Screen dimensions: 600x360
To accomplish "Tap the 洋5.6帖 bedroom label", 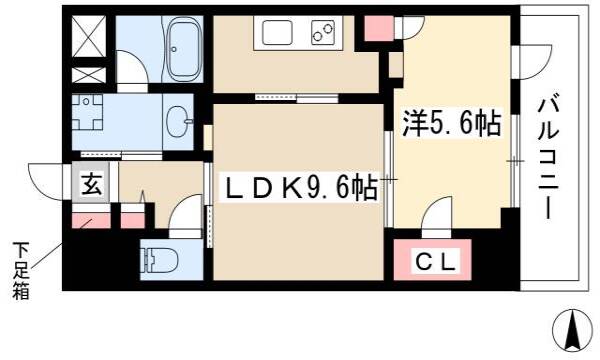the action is tap(451, 123).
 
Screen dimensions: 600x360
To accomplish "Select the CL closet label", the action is tap(435, 262).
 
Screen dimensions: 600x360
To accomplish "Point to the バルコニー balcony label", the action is tap(549, 159).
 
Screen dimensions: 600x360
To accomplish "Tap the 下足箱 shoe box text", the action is tap(21, 271).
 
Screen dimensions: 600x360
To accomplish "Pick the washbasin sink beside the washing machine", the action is tap(179, 121).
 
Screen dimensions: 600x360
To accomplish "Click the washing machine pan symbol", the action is tap(87, 112).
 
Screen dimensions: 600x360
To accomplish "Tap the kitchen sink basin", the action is tap(277, 32).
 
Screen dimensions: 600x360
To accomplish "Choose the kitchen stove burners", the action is tap(323, 32).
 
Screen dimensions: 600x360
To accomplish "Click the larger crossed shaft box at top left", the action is tap(89, 36).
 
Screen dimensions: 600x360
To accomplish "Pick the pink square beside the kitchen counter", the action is tap(379, 29).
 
